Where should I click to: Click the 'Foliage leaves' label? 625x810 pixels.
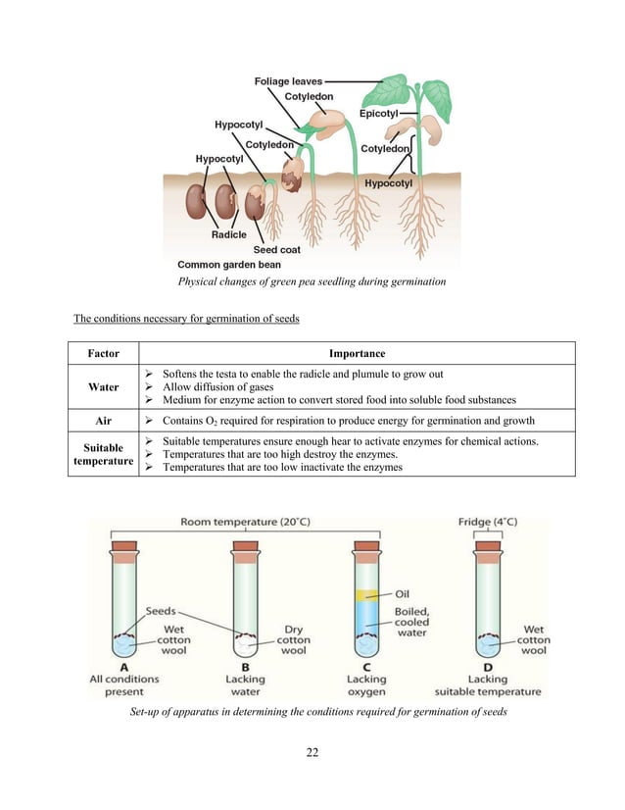click(287, 81)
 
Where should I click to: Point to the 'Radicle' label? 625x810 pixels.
click(229, 234)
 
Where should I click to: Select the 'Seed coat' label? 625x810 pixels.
click(277, 249)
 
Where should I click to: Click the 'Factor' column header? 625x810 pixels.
click(104, 353)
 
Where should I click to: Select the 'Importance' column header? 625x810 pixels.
click(356, 353)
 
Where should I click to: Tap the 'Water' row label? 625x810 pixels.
click(104, 387)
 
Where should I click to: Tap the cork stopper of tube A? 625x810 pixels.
click(123, 545)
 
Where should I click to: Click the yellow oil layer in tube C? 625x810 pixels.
click(365, 595)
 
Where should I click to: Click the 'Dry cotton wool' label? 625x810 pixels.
click(293, 639)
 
